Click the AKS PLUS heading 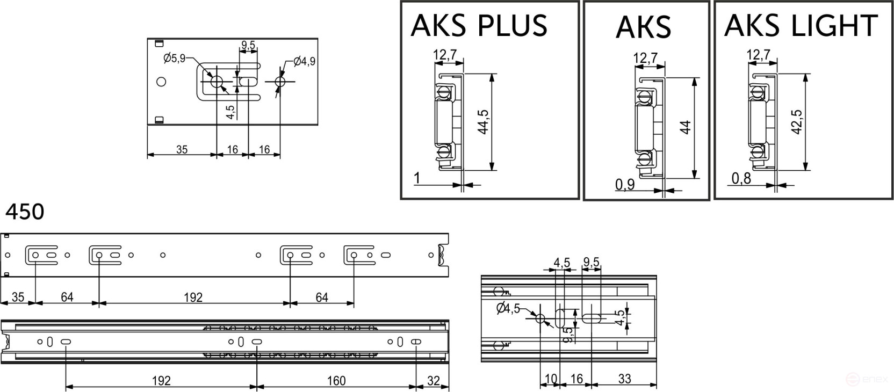[x=479, y=26]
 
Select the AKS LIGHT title [x=801, y=26]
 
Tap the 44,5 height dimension [x=482, y=122]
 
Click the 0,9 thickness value [x=625, y=185]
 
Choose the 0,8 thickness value [x=741, y=178]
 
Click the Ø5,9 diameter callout [x=174, y=58]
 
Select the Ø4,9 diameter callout [x=304, y=62]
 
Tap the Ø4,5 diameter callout [x=508, y=309]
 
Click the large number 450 [x=25, y=212]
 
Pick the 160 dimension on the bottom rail [x=336, y=381]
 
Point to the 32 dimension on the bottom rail [x=433, y=381]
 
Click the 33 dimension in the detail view [x=624, y=379]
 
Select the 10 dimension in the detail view [x=551, y=379]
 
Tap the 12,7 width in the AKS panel [x=645, y=58]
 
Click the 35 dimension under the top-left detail [x=182, y=150]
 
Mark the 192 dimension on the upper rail [x=193, y=297]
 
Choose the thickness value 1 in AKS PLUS [x=416, y=177]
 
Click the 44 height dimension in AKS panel [x=685, y=128]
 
